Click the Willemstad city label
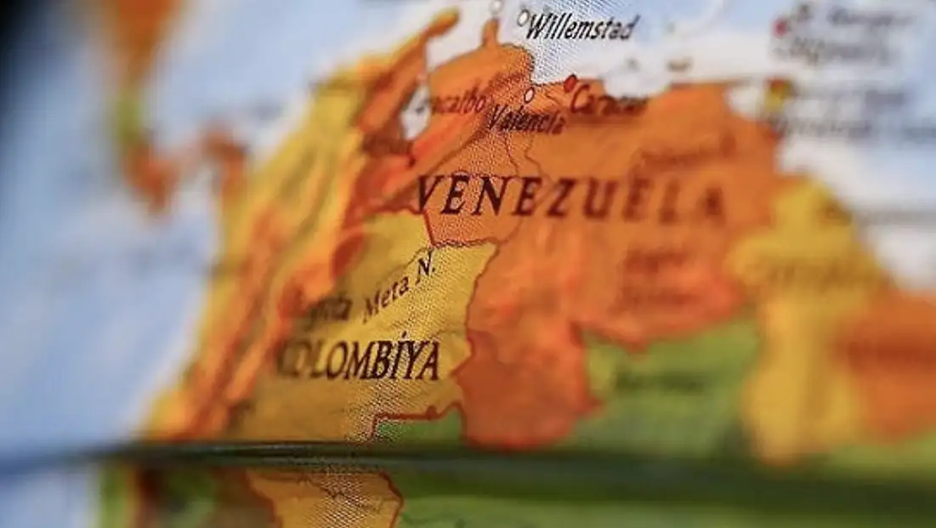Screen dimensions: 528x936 click(x=582, y=27)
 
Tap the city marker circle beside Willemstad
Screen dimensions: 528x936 click(x=522, y=15)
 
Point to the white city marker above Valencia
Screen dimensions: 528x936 click(x=529, y=94)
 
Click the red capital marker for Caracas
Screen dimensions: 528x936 click(x=570, y=83)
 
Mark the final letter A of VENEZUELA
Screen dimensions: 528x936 click(x=711, y=204)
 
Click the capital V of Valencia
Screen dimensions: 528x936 click(x=496, y=117)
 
